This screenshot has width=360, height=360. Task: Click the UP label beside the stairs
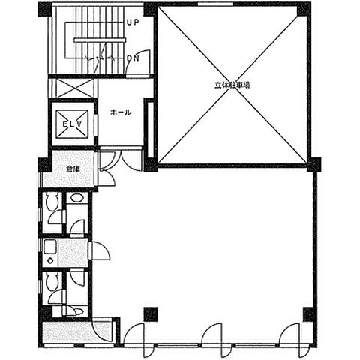(133, 22)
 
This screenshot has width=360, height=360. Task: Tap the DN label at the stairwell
(133, 58)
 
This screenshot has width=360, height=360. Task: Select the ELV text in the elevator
(72, 124)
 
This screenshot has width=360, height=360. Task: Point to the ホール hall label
(121, 112)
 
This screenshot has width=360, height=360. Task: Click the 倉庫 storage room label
(73, 169)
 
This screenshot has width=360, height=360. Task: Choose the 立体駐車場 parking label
(232, 85)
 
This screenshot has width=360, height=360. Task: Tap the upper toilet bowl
(52, 202)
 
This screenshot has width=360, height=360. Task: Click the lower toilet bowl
(52, 280)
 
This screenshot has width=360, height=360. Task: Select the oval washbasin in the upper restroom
(76, 198)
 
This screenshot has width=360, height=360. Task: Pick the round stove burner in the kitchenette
(51, 260)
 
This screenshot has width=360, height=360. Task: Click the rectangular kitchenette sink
(50, 247)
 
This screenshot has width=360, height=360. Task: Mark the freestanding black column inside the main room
(151, 314)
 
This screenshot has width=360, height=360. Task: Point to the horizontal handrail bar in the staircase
(100, 40)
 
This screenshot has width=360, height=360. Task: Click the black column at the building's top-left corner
(44, 10)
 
